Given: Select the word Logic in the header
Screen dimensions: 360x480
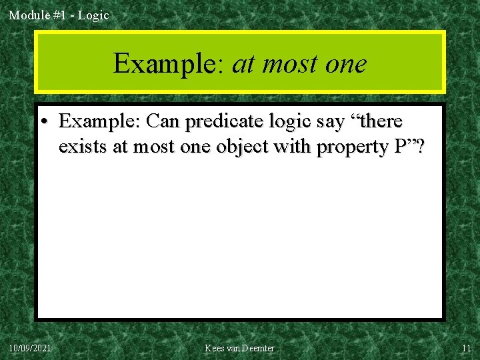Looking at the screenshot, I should (93, 15).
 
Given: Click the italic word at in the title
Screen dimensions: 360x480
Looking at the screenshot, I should (244, 64).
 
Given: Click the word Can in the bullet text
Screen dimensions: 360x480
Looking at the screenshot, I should (163, 121).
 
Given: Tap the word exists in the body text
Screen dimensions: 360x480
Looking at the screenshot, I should (83, 147).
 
